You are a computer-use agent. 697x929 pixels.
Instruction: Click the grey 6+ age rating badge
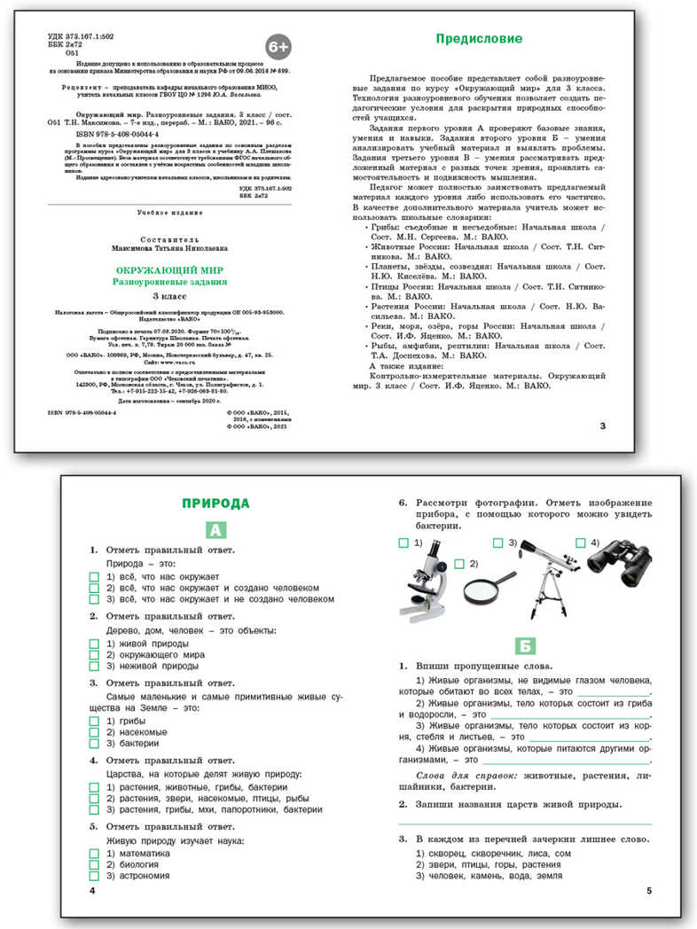coord(278,45)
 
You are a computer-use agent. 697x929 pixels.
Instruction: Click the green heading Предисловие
coord(478,38)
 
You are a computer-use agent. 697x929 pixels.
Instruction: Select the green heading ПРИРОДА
coord(215,504)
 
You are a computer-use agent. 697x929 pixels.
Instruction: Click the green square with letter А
coord(215,530)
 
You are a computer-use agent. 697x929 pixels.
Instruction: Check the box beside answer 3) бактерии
coord(95,744)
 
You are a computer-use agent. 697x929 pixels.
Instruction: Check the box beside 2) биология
coord(95,864)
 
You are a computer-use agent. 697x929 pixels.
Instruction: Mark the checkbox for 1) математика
coord(95,853)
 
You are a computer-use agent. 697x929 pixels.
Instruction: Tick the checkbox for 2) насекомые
coord(95,732)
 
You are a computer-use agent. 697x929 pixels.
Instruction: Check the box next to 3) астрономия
coord(95,876)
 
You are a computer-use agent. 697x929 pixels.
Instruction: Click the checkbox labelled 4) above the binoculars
coord(580,543)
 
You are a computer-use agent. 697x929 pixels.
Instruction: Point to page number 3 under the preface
coord(602,426)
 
